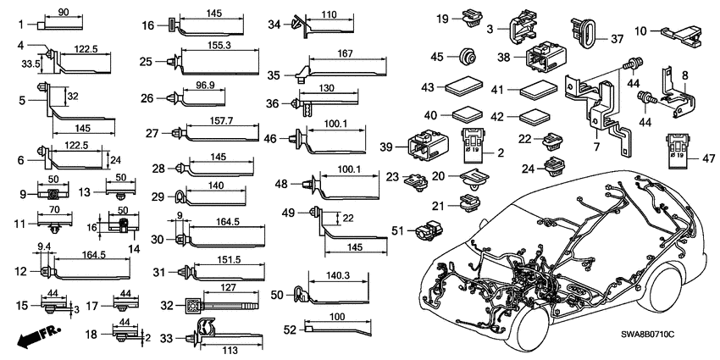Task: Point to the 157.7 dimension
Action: tap(217, 121)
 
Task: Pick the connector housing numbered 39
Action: tap(431, 143)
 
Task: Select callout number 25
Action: tap(146, 61)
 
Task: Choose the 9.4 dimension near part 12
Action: tap(45, 247)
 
